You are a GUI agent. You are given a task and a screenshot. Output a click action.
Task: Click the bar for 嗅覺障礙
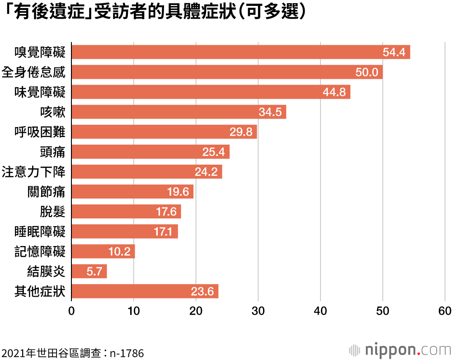240,52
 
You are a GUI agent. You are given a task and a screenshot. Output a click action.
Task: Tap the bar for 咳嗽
179,112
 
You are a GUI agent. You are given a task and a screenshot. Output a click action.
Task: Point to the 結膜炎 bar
89,271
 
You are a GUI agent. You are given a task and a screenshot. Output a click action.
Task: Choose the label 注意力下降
33,172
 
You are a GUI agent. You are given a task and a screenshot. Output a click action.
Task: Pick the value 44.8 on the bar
334,92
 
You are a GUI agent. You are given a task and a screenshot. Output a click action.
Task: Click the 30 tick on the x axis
258,311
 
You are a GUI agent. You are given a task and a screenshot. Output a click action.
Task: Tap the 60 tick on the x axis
445,311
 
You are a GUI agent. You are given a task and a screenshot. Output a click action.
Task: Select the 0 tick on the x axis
71,311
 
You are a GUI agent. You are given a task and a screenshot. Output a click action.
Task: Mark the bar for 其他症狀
145,291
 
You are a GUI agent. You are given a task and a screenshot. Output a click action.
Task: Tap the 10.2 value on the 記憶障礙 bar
119,251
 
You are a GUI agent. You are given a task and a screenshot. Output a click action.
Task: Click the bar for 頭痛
151,152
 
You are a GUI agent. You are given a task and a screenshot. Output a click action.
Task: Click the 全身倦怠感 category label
33,72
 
